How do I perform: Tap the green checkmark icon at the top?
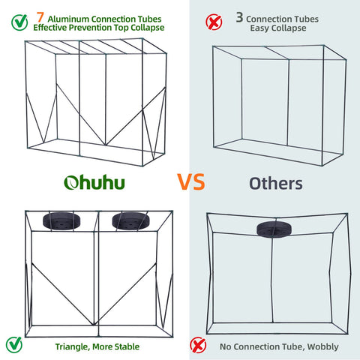pyautogui.click(x=13, y=21)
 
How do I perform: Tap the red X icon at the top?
pyautogui.click(x=214, y=21)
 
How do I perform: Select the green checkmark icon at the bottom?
pyautogui.click(x=13, y=345)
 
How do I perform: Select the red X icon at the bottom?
pyautogui.click(x=198, y=345)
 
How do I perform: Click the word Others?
pyautogui.click(x=275, y=183)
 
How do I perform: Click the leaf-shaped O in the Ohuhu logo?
pyautogui.click(x=71, y=183)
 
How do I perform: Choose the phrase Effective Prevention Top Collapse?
pyautogui.click(x=98, y=27)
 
